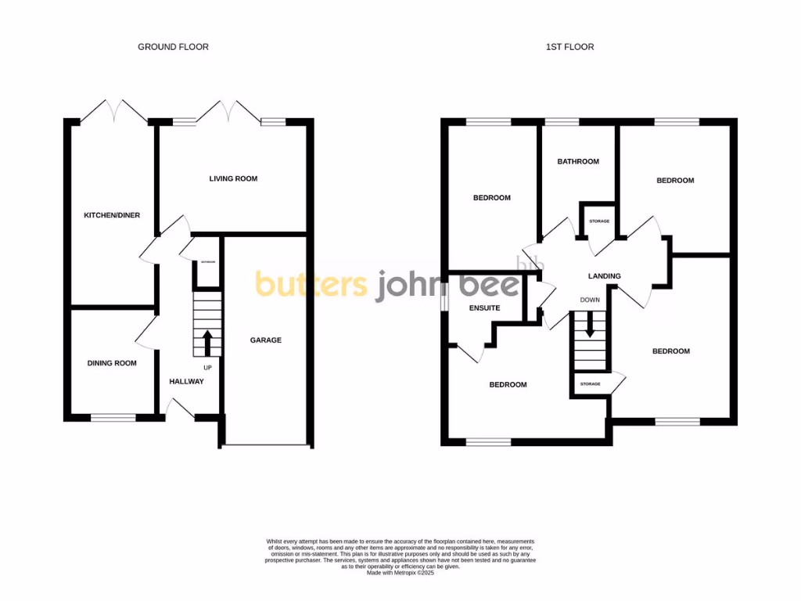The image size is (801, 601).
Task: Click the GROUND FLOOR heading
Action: click(173, 47)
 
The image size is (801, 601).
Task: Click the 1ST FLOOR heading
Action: click(569, 47)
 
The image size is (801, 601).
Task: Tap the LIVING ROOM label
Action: click(233, 178)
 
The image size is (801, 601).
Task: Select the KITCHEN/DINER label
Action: click(112, 214)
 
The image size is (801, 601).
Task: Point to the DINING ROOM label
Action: click(112, 363)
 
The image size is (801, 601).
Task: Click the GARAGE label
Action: click(266, 340)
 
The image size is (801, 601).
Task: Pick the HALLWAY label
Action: click(187, 382)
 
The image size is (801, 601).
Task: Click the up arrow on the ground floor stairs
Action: click(207, 343)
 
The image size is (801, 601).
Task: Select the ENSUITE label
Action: click(484, 308)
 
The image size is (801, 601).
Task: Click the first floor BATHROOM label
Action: click(578, 162)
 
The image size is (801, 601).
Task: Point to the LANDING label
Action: click(605, 276)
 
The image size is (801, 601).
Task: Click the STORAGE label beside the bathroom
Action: click(599, 221)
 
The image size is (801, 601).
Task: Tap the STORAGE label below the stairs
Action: click(590, 384)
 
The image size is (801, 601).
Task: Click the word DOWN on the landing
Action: click(590, 300)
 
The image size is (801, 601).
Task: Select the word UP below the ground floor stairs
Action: click(207, 367)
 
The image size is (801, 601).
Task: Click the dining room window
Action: click(113, 417)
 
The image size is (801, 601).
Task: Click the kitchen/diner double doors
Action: click(115, 111)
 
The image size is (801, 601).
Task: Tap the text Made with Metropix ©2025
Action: click(400, 573)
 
